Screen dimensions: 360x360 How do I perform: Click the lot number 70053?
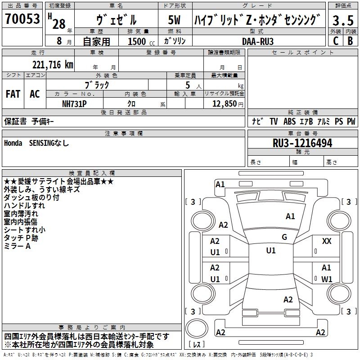point(22,18)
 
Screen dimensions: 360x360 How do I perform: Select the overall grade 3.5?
point(343,20)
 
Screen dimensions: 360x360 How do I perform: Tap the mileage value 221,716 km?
point(53,65)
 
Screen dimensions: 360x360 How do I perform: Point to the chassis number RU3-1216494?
point(302,143)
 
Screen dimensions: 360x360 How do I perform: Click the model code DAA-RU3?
point(258,41)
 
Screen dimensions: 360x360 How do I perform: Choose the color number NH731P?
point(74,104)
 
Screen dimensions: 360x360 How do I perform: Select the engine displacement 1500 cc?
point(141,41)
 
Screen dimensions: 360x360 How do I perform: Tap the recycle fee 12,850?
point(225,104)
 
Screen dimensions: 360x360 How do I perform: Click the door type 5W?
point(174,20)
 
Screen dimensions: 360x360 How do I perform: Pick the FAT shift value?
point(13,94)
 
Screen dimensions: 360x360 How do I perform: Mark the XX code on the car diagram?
point(327,241)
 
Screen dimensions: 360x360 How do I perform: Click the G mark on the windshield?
point(284,237)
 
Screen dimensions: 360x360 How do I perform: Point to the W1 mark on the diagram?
point(327,279)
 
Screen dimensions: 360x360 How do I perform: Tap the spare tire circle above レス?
point(197,328)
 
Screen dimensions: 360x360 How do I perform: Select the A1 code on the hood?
point(290,216)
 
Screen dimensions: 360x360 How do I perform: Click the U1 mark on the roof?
point(271,251)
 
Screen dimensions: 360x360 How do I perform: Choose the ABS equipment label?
point(289,121)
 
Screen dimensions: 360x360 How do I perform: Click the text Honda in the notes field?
point(13,143)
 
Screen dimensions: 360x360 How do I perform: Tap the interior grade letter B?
point(350,41)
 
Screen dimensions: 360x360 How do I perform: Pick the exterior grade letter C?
point(336,41)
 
